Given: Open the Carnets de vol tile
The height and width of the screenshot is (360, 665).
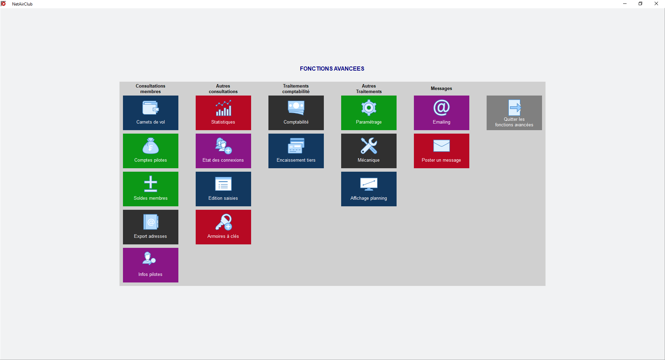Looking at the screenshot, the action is click(x=151, y=113).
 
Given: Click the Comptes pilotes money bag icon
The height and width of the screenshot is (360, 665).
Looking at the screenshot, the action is click(x=151, y=146).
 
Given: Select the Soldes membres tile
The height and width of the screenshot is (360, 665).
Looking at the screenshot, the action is click(x=151, y=189).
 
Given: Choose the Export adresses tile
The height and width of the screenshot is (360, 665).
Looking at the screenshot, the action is click(x=151, y=227).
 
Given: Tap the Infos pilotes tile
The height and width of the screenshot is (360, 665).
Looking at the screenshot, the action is click(x=151, y=265).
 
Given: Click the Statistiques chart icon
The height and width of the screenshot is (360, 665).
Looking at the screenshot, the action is click(x=223, y=108).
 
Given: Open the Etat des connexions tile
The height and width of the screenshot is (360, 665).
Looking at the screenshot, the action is click(x=223, y=151).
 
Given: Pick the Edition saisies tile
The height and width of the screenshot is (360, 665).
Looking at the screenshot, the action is click(x=223, y=189).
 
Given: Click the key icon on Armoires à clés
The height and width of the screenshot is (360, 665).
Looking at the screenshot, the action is click(x=223, y=222).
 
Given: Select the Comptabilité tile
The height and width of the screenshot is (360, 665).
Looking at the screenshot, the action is click(x=296, y=113).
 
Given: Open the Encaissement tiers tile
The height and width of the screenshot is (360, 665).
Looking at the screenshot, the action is click(x=296, y=151).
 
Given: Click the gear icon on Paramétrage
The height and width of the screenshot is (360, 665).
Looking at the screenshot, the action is click(x=369, y=108).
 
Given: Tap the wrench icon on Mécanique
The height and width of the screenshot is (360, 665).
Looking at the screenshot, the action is click(x=369, y=146).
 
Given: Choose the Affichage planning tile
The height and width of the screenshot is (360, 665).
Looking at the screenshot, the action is click(x=369, y=189).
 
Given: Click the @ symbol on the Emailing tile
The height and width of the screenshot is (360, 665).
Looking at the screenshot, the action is click(x=442, y=108).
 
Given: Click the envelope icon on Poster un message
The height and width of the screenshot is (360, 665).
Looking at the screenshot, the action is click(x=442, y=146).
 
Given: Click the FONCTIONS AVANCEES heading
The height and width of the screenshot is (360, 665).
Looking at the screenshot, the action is click(x=332, y=69).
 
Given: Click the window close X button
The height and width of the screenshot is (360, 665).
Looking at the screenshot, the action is click(x=656, y=4).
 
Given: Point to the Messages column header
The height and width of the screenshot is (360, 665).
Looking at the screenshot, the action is click(x=441, y=89).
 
